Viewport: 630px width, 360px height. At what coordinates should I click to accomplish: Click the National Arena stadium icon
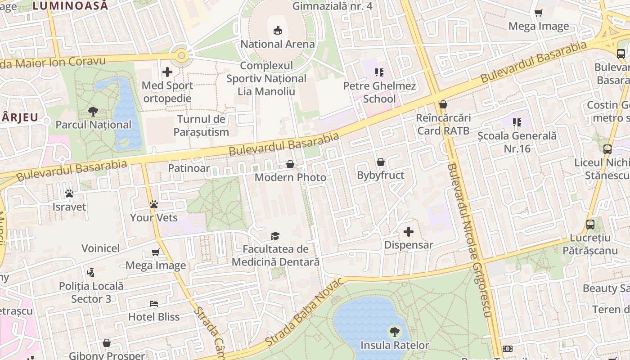[x=277, y=31]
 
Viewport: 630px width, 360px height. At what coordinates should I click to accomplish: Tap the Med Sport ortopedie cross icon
[x=167, y=72]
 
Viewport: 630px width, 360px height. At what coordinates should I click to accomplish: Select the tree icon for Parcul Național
[x=93, y=111]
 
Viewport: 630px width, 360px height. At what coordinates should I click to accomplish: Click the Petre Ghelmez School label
[x=379, y=92]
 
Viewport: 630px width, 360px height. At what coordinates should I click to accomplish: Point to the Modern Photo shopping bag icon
[x=290, y=164]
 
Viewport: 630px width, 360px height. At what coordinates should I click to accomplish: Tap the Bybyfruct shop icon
[x=381, y=162]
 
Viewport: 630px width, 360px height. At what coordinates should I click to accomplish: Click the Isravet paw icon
[x=69, y=193]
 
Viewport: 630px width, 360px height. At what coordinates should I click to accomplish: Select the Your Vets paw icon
[x=153, y=204]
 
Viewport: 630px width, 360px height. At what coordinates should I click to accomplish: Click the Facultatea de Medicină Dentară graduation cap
[x=275, y=236]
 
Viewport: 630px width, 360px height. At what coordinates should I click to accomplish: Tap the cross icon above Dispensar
[x=408, y=232]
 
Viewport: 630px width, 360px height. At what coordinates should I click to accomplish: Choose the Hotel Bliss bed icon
[x=153, y=304]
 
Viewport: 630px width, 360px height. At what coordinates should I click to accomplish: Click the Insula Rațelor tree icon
[x=394, y=332]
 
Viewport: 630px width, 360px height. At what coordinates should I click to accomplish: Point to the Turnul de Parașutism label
[x=201, y=126]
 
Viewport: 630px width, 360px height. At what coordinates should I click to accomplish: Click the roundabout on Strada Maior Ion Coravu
[x=181, y=56]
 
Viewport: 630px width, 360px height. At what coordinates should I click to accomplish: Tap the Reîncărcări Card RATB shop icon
[x=443, y=104]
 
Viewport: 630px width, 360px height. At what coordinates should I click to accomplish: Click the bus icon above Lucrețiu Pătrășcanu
[x=590, y=224]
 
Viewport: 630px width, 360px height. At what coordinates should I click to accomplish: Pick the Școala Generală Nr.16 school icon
[x=517, y=122]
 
